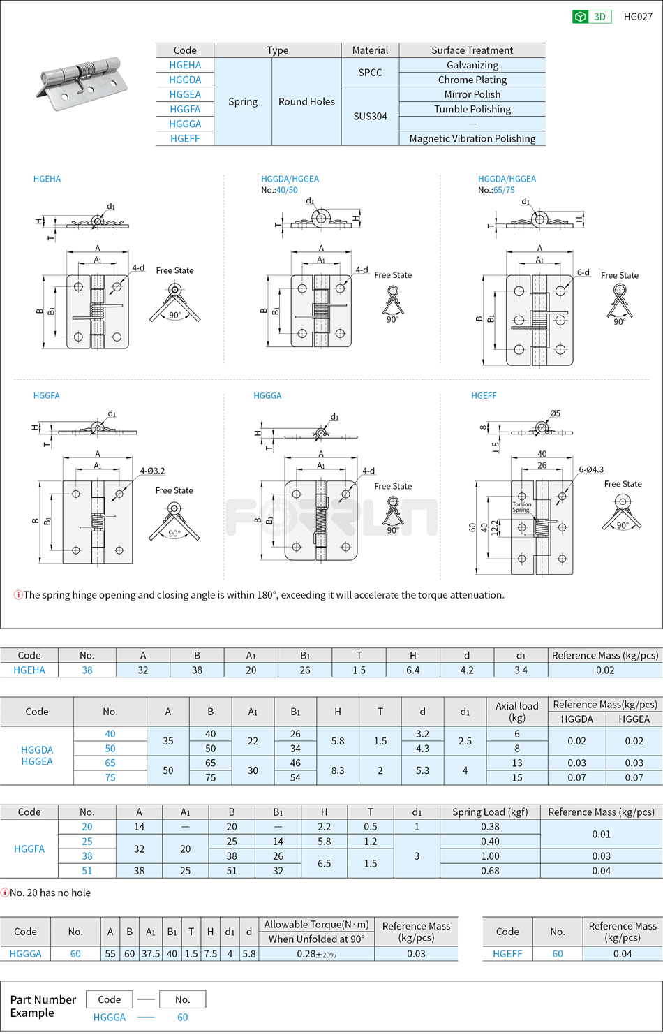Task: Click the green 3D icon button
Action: [x=591, y=17]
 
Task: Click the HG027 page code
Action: [x=638, y=17]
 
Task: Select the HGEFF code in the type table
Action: [x=185, y=138]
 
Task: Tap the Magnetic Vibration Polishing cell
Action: [x=472, y=138]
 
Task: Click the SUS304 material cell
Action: [x=370, y=116]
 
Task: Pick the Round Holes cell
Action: [x=306, y=101]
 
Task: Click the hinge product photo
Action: [x=82, y=84]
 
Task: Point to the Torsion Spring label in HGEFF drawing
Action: [x=521, y=507]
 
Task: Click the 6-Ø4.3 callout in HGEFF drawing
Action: [x=590, y=469]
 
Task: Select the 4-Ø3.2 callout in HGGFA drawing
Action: [x=152, y=471]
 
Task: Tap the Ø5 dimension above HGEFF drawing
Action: [x=555, y=413]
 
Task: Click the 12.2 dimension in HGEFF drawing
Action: [x=495, y=527]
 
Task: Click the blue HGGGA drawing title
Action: [x=267, y=395]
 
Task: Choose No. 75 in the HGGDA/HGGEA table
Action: [x=110, y=777]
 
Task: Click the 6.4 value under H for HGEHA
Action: [x=412, y=670]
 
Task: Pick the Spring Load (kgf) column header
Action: [x=490, y=812]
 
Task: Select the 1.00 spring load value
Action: [x=490, y=856]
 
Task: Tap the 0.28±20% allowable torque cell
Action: [x=316, y=954]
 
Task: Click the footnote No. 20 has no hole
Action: [x=50, y=893]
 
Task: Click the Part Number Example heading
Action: [x=43, y=1006]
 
